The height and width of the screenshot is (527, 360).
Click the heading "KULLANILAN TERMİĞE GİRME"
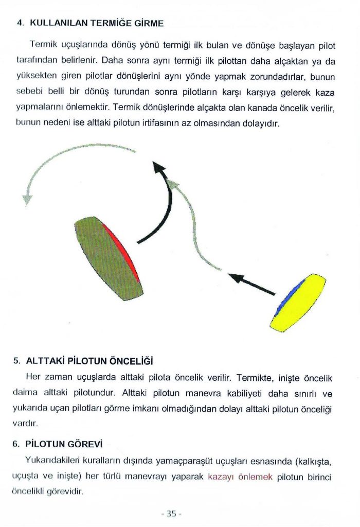(97, 23)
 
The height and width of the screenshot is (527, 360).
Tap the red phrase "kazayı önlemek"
(240, 477)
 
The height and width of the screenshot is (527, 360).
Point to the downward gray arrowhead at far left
(27, 198)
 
